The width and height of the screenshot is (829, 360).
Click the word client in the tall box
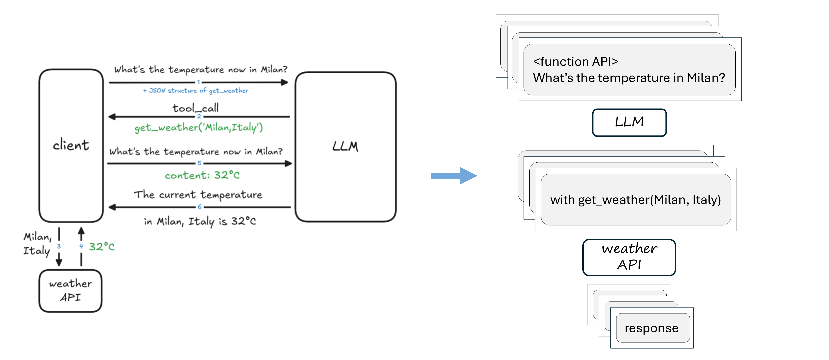(71, 145)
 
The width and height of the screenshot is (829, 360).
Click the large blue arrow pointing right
(454, 176)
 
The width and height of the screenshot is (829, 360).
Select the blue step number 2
(199, 116)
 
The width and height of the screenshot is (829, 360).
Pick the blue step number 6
(200, 207)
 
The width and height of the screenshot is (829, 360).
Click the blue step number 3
(59, 246)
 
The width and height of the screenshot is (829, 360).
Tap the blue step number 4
(81, 246)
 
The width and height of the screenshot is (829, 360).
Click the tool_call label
(196, 108)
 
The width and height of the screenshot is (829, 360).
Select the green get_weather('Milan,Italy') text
(199, 128)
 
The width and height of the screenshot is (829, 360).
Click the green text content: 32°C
(202, 175)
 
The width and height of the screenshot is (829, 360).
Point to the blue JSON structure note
(196, 91)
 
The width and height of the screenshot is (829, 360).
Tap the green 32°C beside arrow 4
(102, 247)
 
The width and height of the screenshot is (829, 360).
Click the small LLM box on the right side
(629, 123)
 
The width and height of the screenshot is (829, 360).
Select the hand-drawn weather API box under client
(70, 291)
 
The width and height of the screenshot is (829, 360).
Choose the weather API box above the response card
(629, 257)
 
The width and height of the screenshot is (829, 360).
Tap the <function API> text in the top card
(575, 62)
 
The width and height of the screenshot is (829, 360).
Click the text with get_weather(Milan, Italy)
(635, 200)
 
